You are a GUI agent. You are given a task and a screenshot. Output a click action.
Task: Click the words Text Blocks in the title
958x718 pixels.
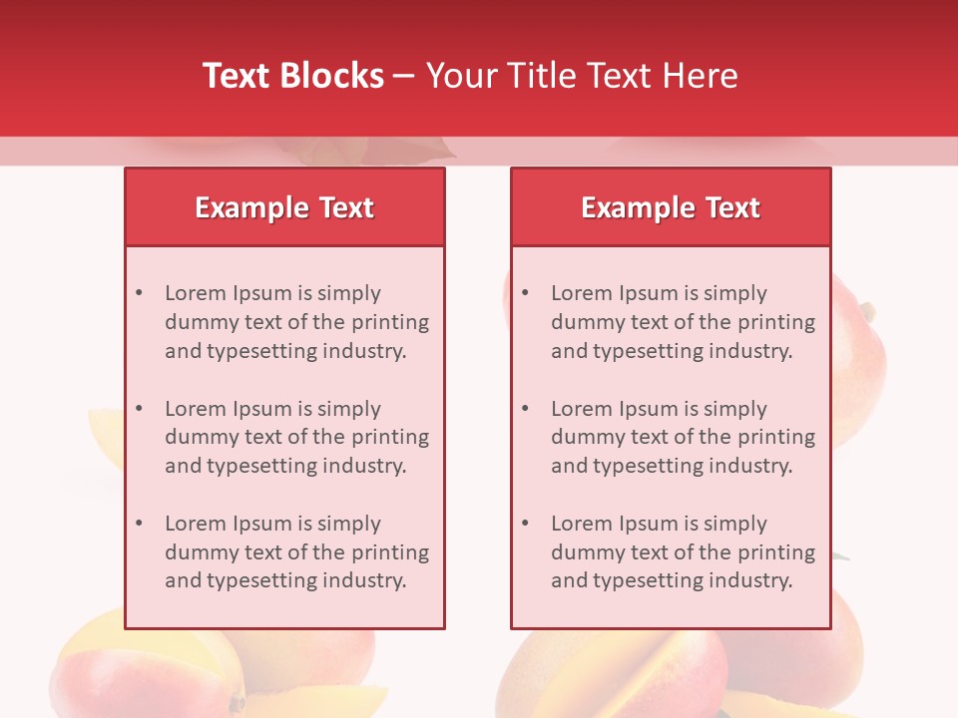(293, 76)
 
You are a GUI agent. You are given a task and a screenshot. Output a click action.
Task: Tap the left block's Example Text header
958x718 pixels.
(284, 207)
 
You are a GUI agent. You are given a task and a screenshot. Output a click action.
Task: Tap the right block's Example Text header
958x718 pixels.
(671, 207)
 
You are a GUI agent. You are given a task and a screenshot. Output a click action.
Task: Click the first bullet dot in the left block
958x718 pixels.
(140, 293)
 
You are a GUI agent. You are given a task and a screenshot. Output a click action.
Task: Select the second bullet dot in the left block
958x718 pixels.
(140, 409)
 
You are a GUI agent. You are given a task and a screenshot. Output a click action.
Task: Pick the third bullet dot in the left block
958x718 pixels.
(140, 524)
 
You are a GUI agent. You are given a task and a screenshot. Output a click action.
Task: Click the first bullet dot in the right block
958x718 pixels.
(526, 293)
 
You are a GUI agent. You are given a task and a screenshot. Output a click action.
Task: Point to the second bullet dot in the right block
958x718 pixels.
(526, 409)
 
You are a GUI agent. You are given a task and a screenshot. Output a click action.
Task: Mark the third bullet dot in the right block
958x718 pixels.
(526, 524)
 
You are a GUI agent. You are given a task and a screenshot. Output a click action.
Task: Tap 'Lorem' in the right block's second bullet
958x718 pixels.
(582, 409)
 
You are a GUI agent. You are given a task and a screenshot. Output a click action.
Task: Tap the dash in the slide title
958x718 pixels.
(404, 76)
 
